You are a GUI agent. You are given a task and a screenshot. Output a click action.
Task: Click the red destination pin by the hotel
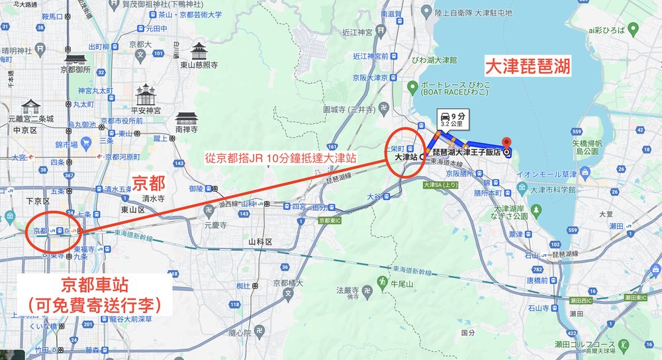tap(507, 144)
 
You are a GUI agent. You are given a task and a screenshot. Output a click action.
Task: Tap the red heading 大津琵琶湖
tap(528, 67)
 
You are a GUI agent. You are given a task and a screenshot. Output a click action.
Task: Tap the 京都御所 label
tap(74, 69)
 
